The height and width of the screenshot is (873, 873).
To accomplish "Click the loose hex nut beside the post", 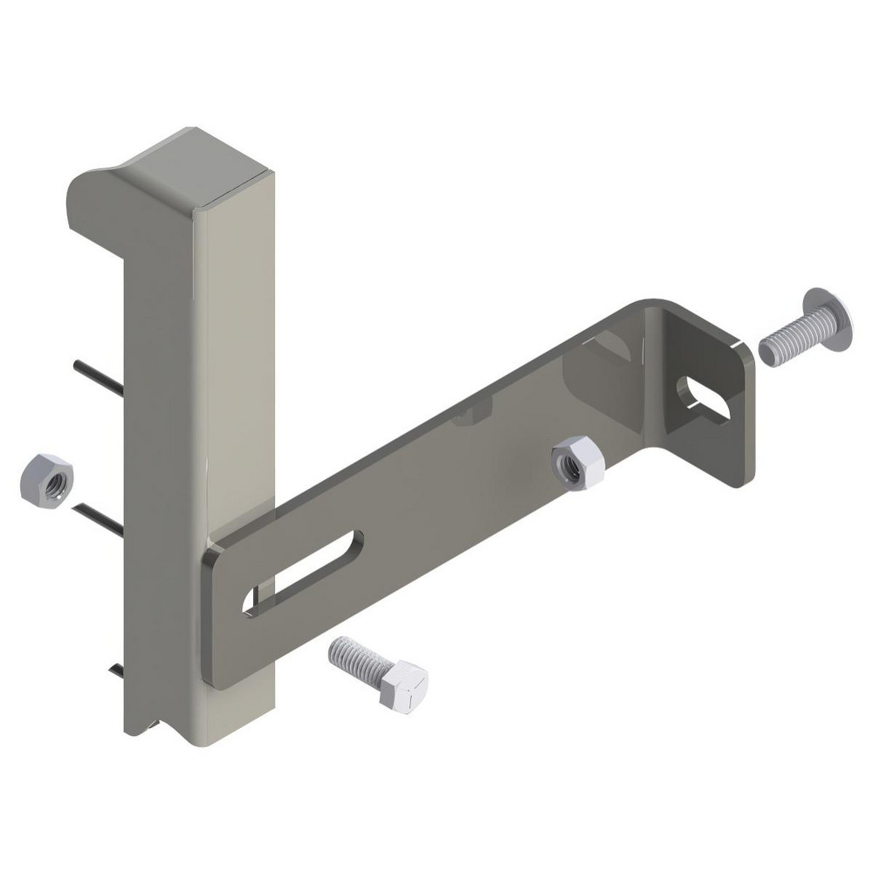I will (46, 480).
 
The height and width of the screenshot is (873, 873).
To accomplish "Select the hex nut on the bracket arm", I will (578, 463).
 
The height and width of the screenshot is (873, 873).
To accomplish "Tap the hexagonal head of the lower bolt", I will (403, 686).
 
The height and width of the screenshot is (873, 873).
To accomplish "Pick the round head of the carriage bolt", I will (828, 320).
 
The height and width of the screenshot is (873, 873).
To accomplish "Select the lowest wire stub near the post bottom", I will (117, 670).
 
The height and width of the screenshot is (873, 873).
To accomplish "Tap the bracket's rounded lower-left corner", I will (215, 672).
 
